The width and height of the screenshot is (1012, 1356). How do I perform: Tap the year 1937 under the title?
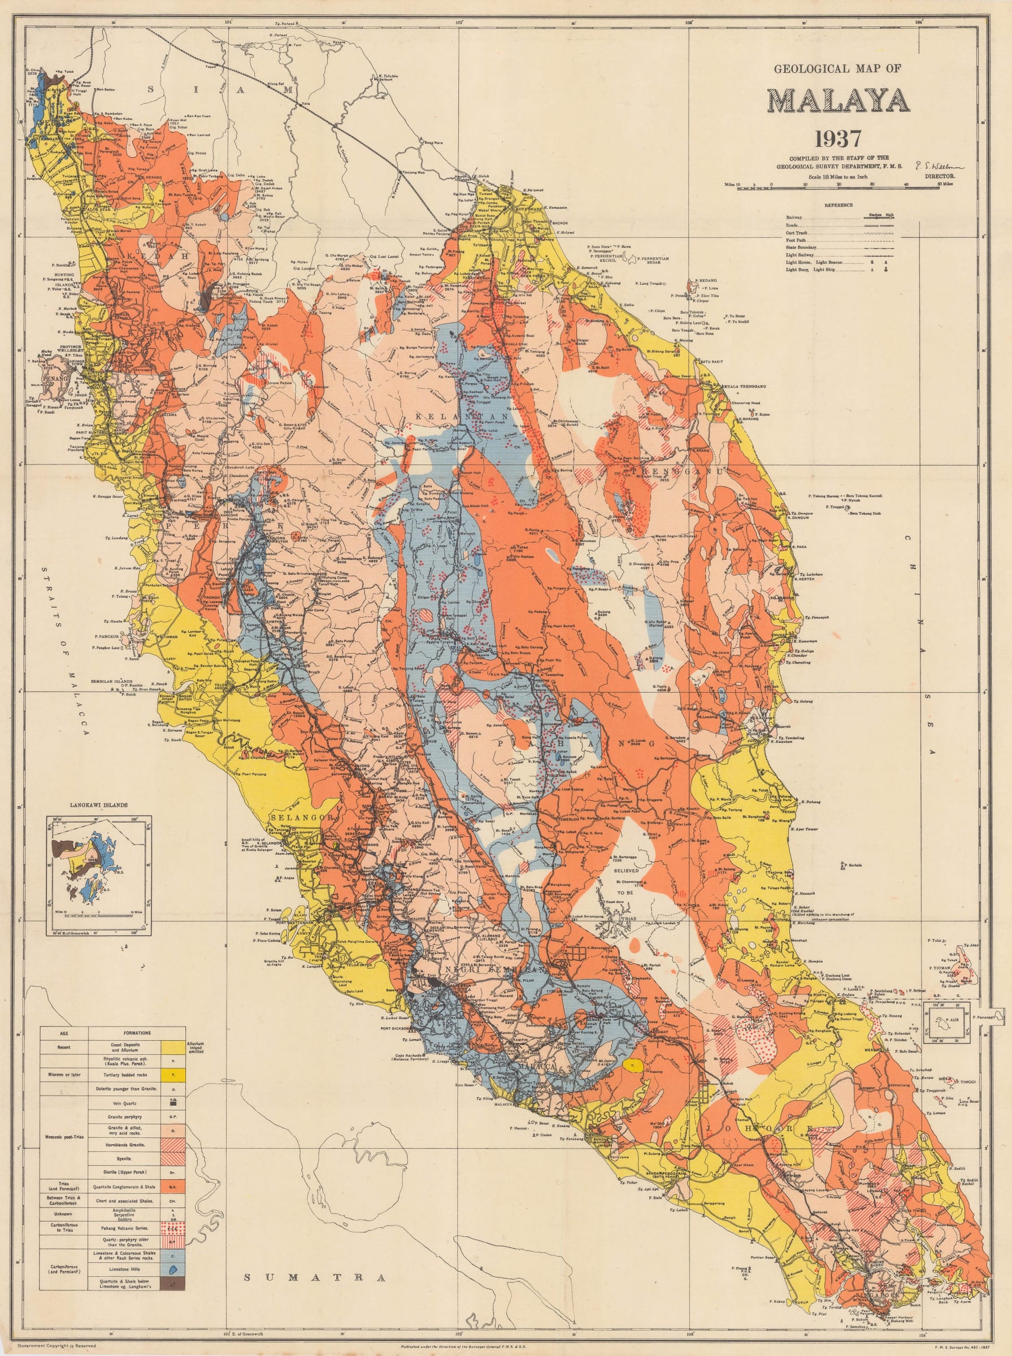837,139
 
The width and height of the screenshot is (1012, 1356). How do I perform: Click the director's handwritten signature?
938,166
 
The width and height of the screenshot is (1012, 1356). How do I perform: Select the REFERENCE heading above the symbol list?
837,205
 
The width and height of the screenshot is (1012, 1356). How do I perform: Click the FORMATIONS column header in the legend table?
137,1032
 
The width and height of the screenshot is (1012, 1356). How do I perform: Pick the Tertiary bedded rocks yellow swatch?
173,1075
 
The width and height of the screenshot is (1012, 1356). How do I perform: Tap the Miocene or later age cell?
64,1075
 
